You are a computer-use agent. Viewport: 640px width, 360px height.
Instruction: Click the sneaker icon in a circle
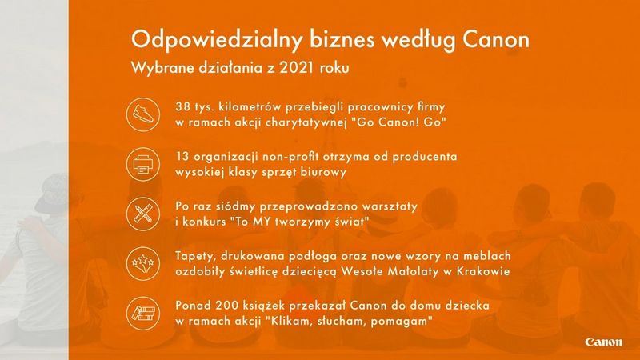[x=142, y=114]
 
